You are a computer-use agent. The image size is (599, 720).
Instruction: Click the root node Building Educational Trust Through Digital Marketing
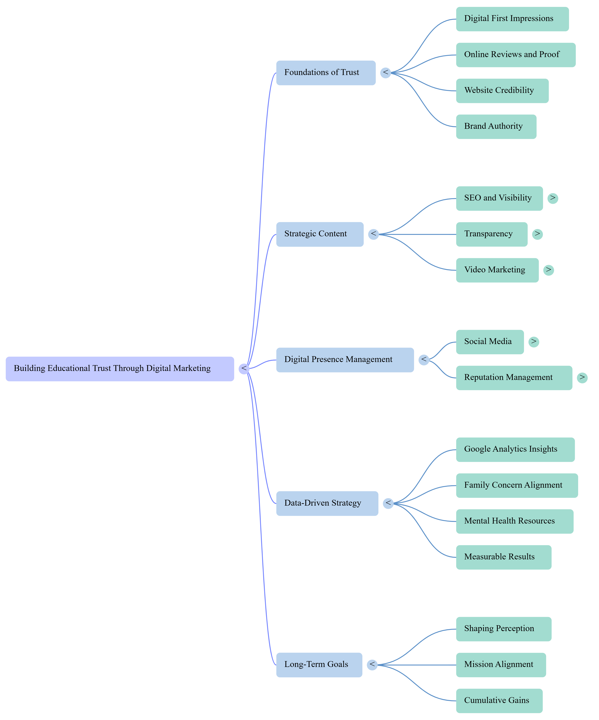tap(120, 369)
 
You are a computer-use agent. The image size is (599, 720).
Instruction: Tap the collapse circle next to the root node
tap(244, 369)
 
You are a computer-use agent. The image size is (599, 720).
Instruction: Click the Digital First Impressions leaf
tap(512, 19)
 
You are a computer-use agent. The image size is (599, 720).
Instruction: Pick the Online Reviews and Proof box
tap(515, 55)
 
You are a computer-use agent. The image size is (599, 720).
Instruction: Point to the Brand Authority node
tap(496, 127)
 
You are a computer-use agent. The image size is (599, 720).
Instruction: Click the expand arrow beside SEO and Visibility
tap(552, 198)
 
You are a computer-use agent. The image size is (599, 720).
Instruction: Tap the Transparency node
tap(491, 234)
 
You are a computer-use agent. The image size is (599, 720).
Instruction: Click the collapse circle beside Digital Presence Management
tap(423, 360)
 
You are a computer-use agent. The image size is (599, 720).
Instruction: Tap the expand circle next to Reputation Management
tap(582, 378)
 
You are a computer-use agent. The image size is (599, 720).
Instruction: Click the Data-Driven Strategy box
tap(327, 503)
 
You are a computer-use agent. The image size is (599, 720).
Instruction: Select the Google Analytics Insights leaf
tap(515, 449)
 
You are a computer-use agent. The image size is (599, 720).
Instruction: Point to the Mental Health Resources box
tap(514, 521)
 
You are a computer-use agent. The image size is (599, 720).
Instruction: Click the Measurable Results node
tap(503, 557)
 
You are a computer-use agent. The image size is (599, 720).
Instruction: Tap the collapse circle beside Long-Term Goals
tap(372, 665)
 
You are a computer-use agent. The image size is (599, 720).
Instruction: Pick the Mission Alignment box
tap(501, 665)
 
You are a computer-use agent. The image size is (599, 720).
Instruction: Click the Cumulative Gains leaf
tap(499, 700)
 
